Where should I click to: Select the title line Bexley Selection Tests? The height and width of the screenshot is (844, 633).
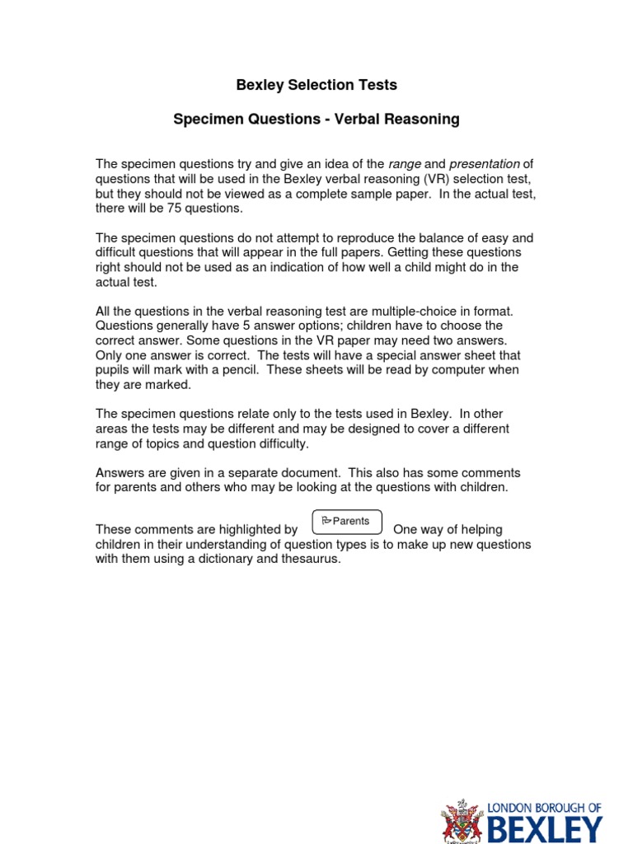pyautogui.click(x=316, y=85)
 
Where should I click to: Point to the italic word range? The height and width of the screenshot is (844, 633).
pyautogui.click(x=404, y=164)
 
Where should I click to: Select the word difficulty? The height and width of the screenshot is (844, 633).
pyautogui.click(x=282, y=443)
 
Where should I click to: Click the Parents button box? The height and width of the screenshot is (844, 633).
pyautogui.click(x=347, y=523)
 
